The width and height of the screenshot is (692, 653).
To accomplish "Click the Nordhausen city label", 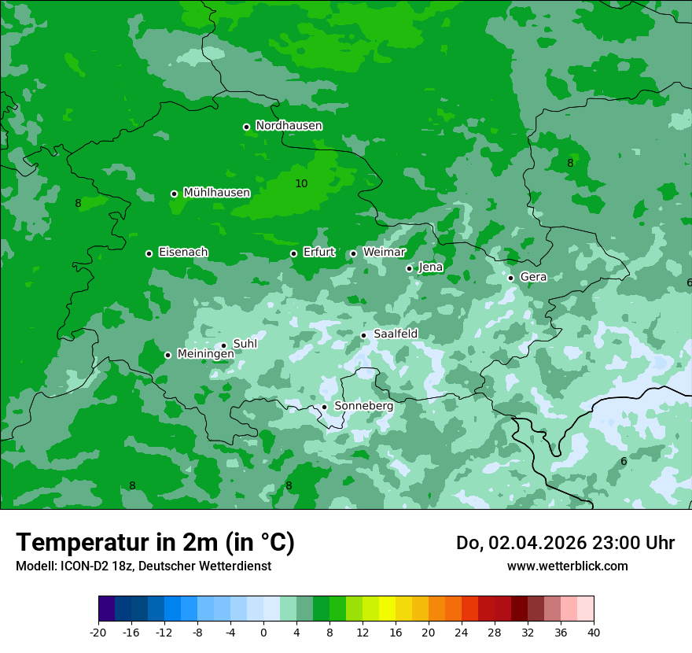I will click(289, 126).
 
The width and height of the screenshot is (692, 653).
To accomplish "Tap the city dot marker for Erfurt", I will click(293, 253).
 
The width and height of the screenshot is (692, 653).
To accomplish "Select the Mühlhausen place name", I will click(216, 193).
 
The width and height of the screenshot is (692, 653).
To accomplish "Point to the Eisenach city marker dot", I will click(149, 253).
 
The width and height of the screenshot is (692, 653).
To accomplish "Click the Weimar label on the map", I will click(384, 253).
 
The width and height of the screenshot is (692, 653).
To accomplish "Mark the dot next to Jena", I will click(409, 268).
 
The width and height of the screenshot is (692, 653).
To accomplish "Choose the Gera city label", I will click(533, 277).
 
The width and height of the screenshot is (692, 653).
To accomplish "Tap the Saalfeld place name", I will click(396, 334).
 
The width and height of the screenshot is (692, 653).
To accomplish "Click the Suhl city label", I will click(245, 344).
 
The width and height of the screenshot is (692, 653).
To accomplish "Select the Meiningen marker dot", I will click(167, 355).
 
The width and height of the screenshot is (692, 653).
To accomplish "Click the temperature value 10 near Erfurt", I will click(301, 183).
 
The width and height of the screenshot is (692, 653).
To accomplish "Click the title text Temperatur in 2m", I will click(155, 542).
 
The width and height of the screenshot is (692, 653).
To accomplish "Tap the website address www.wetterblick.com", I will click(567, 566).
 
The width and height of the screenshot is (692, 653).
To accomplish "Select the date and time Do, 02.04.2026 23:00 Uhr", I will click(565, 543).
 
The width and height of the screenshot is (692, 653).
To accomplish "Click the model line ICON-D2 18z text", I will click(142, 566).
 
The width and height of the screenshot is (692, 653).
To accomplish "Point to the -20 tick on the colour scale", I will click(98, 632).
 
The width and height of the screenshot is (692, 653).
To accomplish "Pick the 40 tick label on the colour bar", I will click(593, 632).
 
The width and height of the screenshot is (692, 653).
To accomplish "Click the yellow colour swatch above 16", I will click(387, 609).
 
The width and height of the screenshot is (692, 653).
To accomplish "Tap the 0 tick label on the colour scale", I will click(263, 632).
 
